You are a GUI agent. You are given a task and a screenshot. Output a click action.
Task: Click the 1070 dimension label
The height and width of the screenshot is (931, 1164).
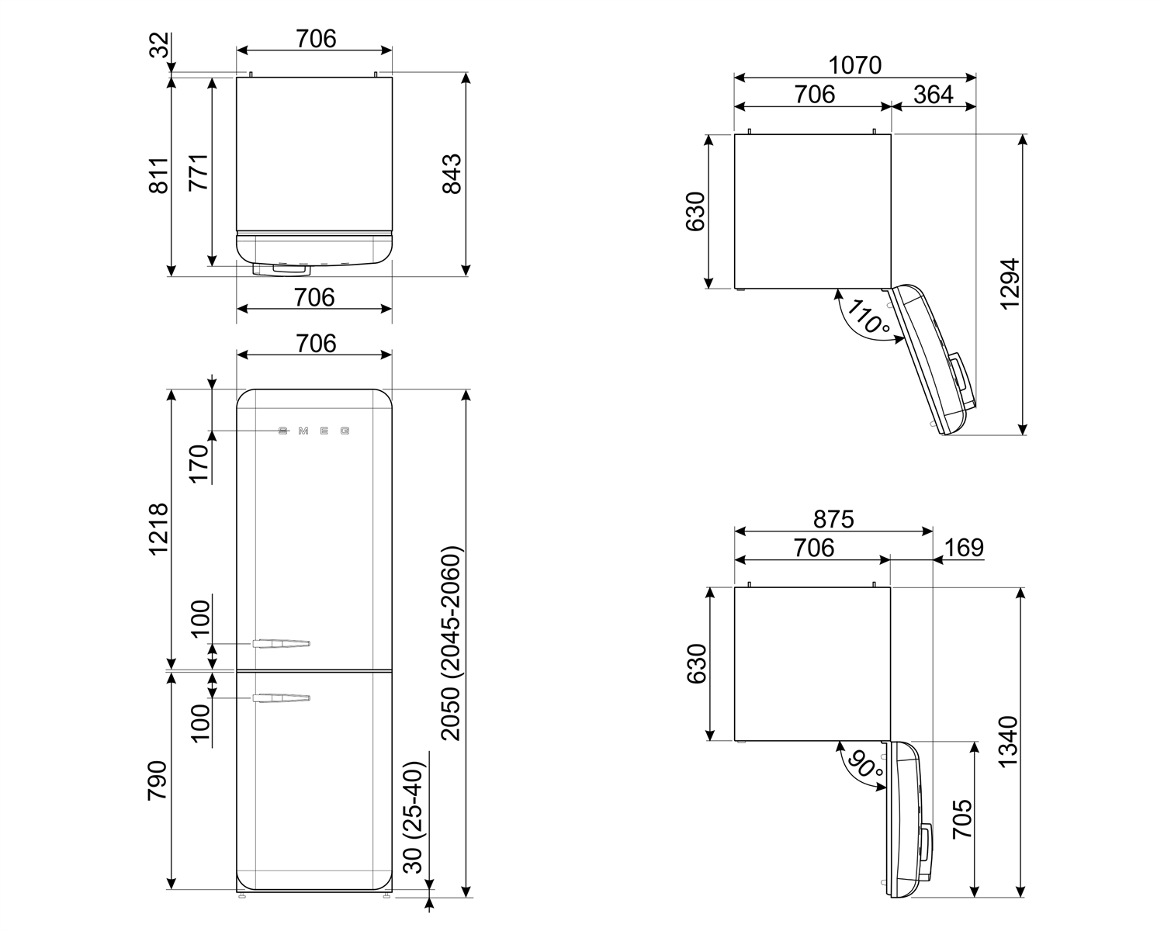pyautogui.click(x=854, y=65)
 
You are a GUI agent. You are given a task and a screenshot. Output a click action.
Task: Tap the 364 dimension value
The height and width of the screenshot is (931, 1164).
pyautogui.click(x=933, y=95)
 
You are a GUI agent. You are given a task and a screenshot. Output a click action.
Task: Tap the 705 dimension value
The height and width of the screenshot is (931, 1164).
pyautogui.click(x=962, y=819)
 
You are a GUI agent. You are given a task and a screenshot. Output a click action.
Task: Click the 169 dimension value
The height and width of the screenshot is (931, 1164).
pyautogui.click(x=964, y=548)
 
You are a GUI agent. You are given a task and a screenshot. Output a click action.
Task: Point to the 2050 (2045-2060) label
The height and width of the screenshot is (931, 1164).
pyautogui.click(x=451, y=643)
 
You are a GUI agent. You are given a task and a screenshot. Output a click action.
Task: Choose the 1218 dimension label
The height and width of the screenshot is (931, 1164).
pyautogui.click(x=158, y=529)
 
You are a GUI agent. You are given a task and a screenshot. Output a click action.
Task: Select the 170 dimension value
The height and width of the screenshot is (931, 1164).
pyautogui.click(x=199, y=463)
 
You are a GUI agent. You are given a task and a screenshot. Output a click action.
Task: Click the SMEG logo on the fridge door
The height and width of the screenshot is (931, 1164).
pyautogui.click(x=314, y=431)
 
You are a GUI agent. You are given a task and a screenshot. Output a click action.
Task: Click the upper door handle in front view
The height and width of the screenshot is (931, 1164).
pyautogui.click(x=281, y=643)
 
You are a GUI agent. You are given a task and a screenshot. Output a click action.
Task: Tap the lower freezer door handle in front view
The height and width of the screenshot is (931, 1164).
pyautogui.click(x=281, y=699)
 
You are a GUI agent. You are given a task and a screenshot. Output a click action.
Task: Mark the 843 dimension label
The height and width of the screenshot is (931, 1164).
pyautogui.click(x=451, y=174)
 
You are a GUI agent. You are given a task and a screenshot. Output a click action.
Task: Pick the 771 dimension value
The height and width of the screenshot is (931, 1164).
pyautogui.click(x=199, y=172)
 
